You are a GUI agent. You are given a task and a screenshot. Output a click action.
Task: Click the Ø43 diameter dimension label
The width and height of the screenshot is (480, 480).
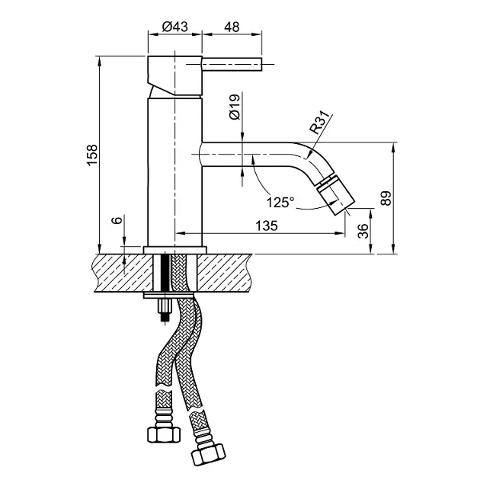coord(174,27)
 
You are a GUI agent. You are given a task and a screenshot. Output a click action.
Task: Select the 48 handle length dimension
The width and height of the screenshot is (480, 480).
coord(232,27)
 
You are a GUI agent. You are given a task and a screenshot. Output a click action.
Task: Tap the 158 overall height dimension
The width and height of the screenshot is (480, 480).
coord(92,155)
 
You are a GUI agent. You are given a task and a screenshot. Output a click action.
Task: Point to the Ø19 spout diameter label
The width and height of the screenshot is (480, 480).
coord(235,107)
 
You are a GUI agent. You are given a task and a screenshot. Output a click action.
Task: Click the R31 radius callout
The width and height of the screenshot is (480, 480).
coord(320,123)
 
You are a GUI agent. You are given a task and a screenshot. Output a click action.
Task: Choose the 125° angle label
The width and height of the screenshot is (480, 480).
coord(280,203)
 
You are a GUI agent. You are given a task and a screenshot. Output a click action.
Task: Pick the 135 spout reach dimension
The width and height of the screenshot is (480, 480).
coord(267,226)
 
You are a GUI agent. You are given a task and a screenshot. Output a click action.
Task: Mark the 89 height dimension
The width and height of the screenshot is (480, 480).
coord(386,198)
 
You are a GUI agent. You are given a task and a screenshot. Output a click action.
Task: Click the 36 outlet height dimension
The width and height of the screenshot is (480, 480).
coord(363,231)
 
